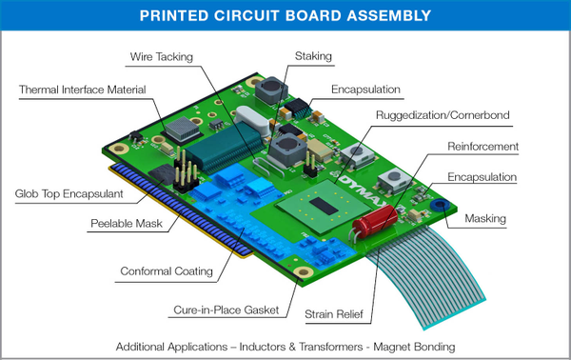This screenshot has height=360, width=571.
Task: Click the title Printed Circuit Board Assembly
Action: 285,15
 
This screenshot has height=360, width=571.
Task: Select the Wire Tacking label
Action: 161,57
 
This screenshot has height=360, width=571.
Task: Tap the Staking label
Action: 313,57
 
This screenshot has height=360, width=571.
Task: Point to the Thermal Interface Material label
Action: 83,90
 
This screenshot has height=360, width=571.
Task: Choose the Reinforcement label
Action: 482,147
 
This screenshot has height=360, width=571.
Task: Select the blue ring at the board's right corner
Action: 439,204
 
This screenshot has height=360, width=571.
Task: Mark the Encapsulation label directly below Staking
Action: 365,90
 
